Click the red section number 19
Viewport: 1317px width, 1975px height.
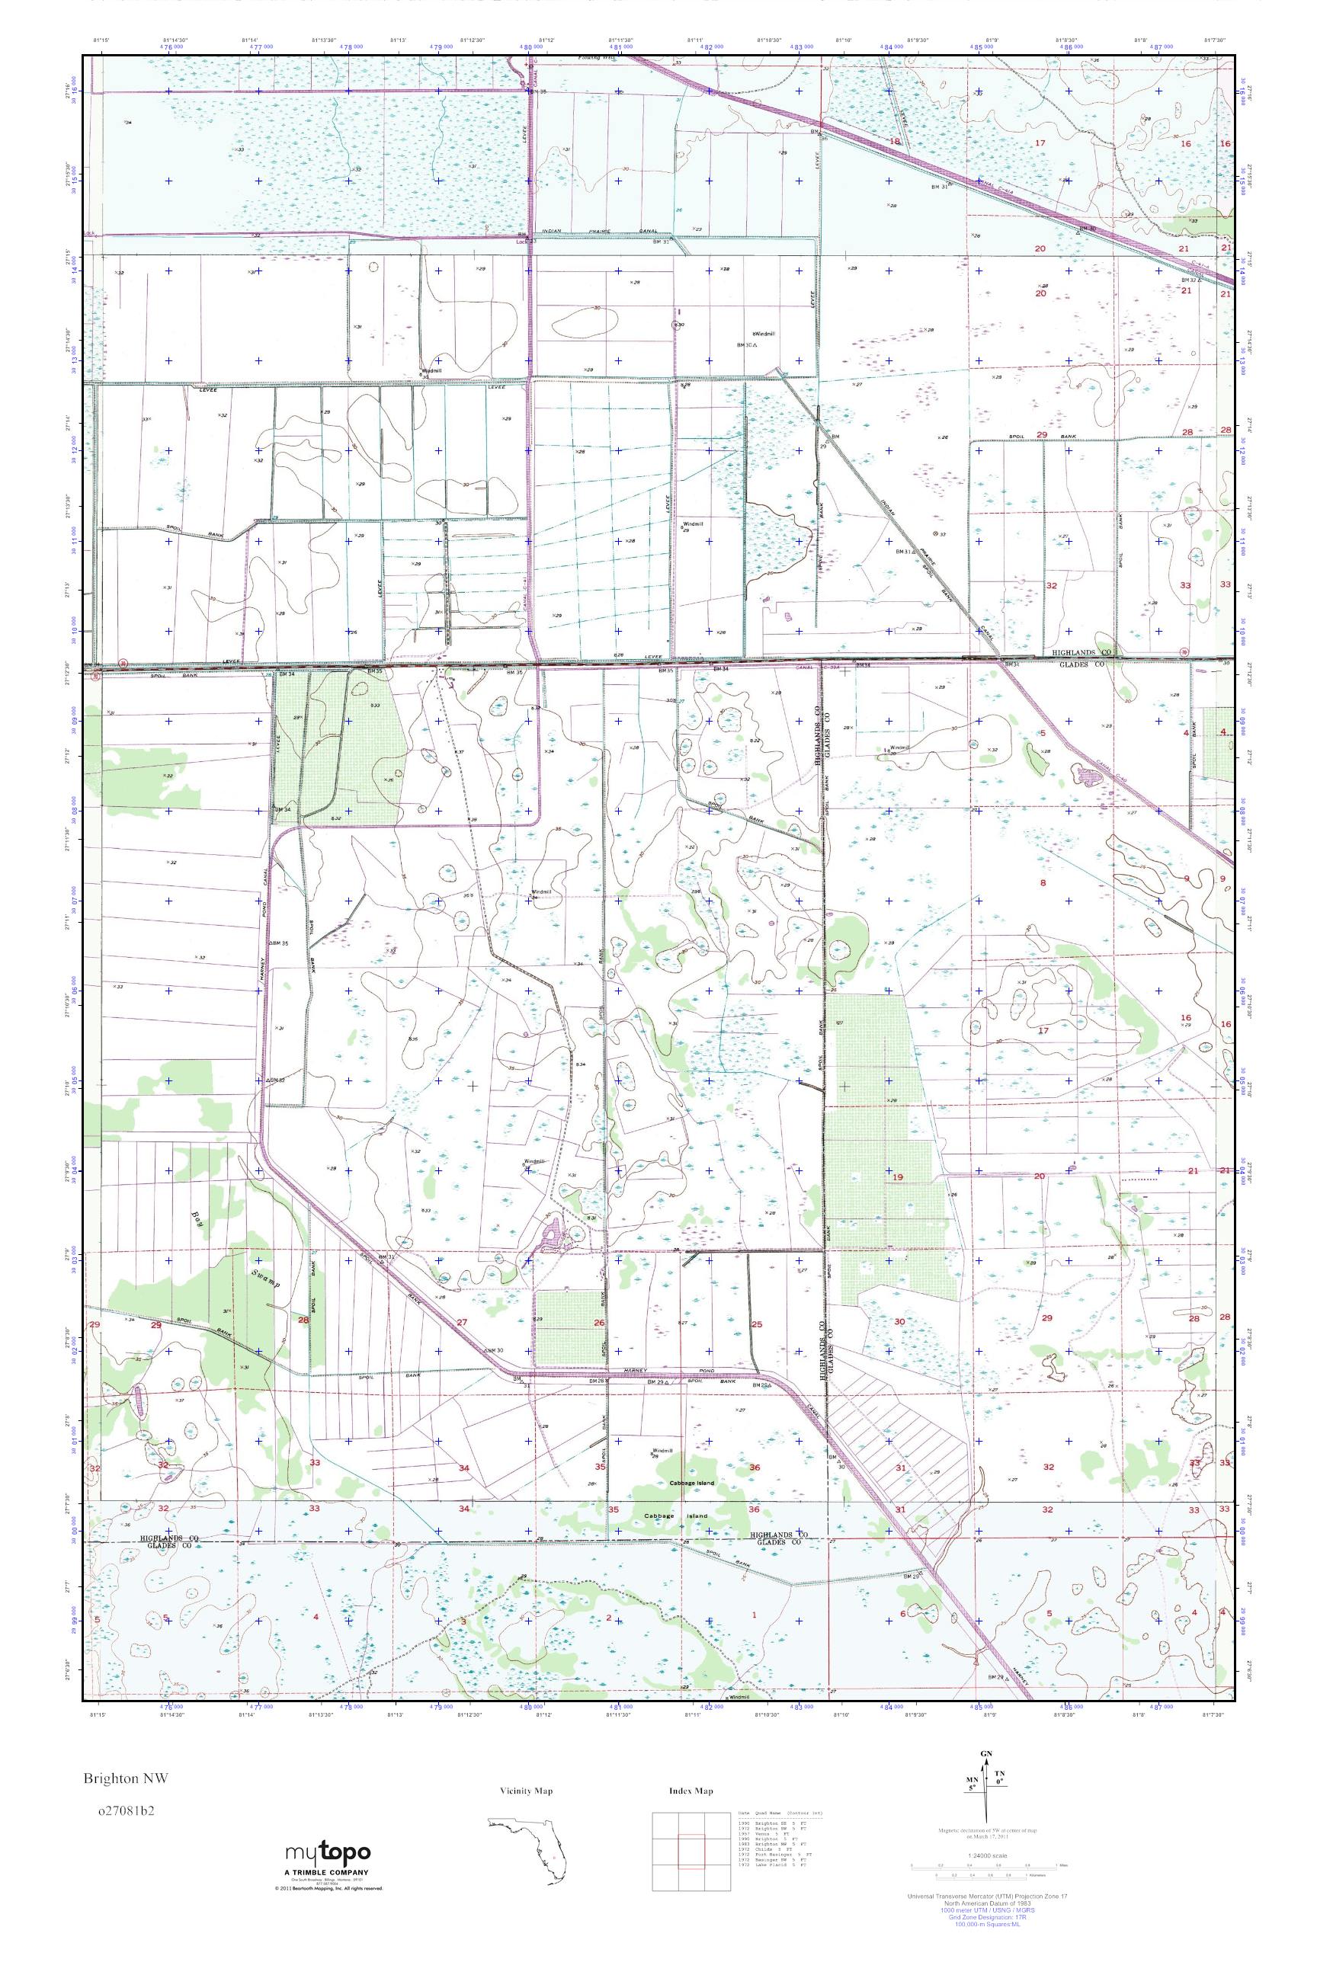click(898, 1177)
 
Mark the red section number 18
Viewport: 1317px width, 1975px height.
click(896, 142)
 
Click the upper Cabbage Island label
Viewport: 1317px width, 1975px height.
click(692, 1483)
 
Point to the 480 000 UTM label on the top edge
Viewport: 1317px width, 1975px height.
click(527, 48)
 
